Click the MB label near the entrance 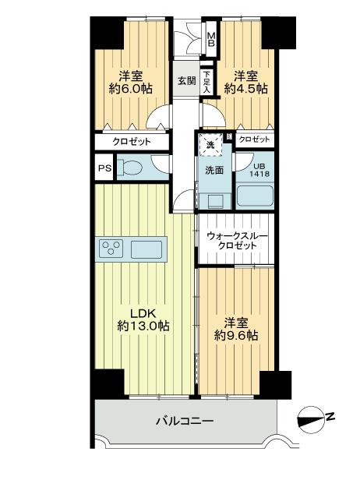coord(210,38)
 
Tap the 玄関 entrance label coord(186,80)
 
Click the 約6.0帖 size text coord(130,89)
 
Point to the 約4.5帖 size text coord(246,89)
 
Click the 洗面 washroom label coord(215,170)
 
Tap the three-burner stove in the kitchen coord(111,249)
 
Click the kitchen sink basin coord(146,249)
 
